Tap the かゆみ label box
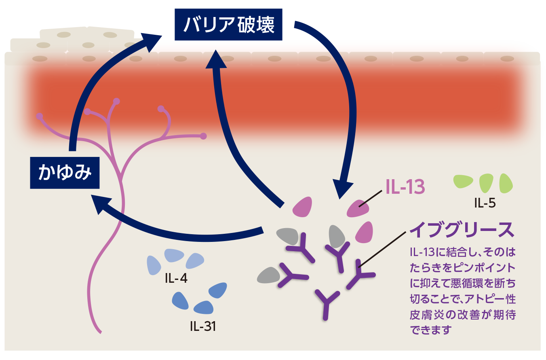click(65, 173)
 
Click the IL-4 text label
click(176, 279)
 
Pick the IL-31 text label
click(202, 326)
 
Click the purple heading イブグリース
click(462, 230)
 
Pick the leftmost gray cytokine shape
click(269, 275)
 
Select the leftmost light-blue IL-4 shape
click(154, 265)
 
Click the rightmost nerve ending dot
click(203, 136)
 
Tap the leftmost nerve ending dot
click(39, 116)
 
